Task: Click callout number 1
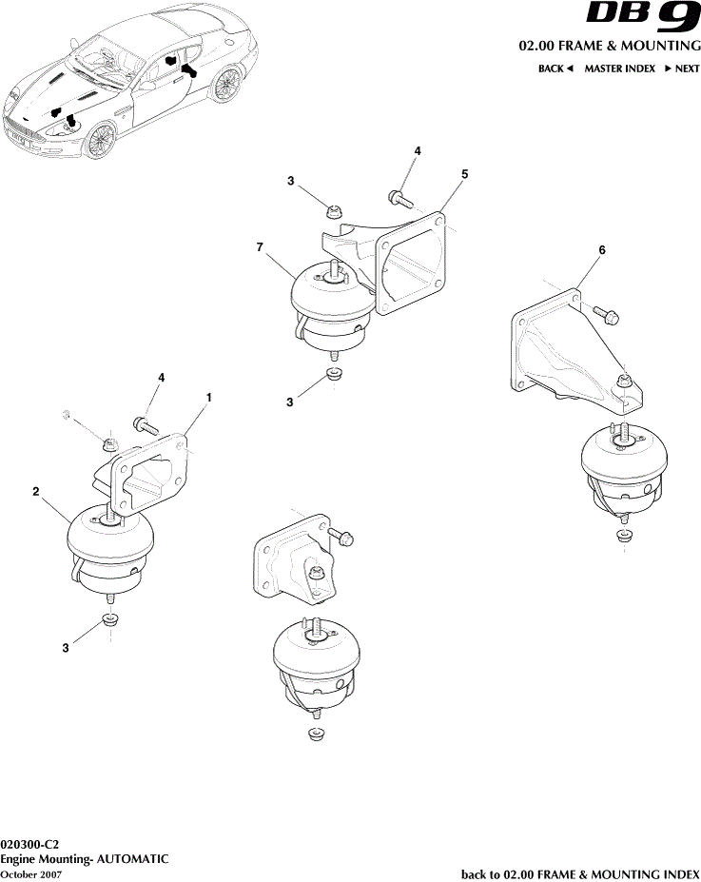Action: [x=209, y=395]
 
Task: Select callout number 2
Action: [x=35, y=492]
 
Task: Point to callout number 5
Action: [x=464, y=174]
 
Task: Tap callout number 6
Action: [x=601, y=250]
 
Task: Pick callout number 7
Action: [x=260, y=246]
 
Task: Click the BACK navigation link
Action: [x=555, y=69]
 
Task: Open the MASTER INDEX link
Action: [x=619, y=69]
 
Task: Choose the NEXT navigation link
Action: [x=682, y=69]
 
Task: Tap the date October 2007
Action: [x=31, y=873]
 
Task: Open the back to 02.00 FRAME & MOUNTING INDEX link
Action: [x=580, y=873]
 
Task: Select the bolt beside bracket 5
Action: [x=399, y=199]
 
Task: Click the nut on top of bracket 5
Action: [x=333, y=211]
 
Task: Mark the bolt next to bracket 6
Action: [x=606, y=310]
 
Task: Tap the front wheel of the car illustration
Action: [x=99, y=140]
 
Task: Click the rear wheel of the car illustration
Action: [x=226, y=85]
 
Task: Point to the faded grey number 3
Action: [x=67, y=415]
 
